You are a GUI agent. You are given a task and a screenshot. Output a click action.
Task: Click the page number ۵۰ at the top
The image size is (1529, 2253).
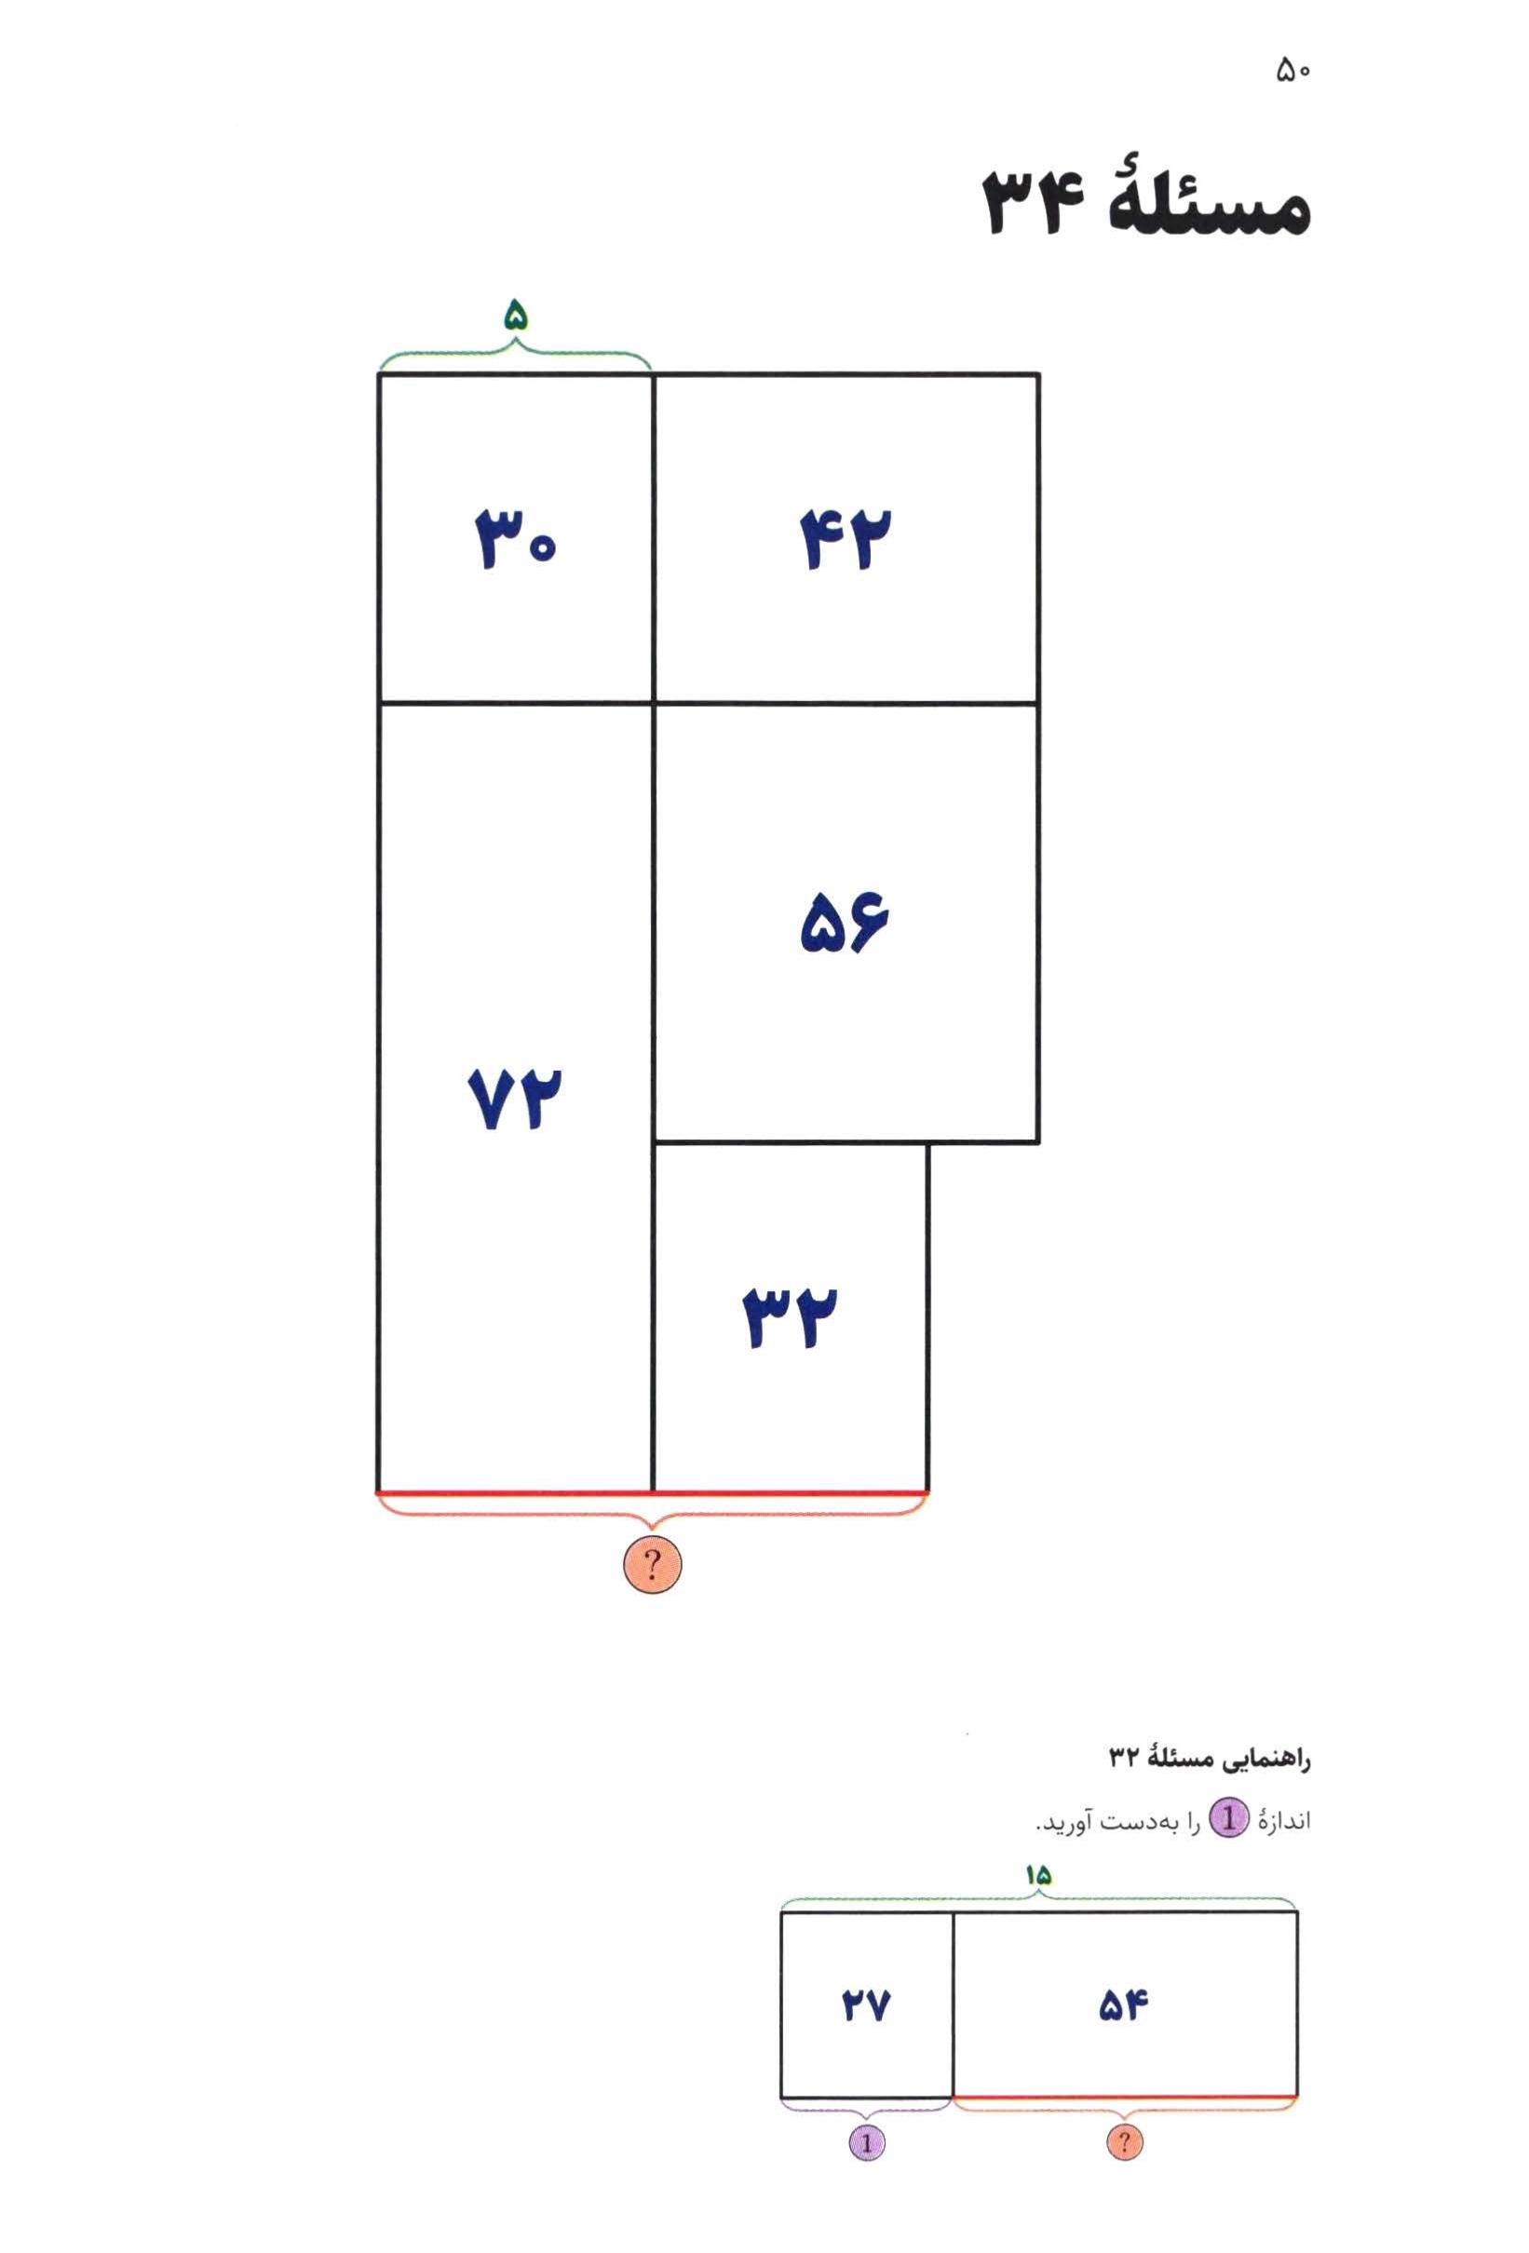point(1293,71)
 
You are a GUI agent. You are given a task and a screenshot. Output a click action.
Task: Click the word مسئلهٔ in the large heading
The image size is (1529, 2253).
point(1208,206)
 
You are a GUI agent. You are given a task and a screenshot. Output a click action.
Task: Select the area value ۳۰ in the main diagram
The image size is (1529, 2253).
point(515,539)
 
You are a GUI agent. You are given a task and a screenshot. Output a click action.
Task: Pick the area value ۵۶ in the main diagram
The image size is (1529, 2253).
point(845,922)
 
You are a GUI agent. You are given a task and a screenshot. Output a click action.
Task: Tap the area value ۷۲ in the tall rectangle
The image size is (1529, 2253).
point(515,1099)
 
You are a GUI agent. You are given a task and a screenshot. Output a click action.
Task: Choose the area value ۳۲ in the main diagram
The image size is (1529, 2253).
point(790,1317)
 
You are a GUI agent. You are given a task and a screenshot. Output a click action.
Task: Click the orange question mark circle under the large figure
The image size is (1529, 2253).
point(652,1564)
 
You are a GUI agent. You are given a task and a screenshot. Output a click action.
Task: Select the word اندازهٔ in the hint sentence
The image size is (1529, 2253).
point(1284,1822)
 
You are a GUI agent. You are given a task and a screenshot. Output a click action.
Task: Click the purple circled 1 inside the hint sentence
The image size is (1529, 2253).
point(1228,1820)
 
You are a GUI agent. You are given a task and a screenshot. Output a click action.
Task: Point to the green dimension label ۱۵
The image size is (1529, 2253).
point(1037,1876)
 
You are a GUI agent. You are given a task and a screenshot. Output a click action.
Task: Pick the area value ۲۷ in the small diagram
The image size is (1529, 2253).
point(866,2005)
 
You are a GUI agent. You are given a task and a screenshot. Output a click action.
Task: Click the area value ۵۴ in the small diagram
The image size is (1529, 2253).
point(1124,2004)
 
